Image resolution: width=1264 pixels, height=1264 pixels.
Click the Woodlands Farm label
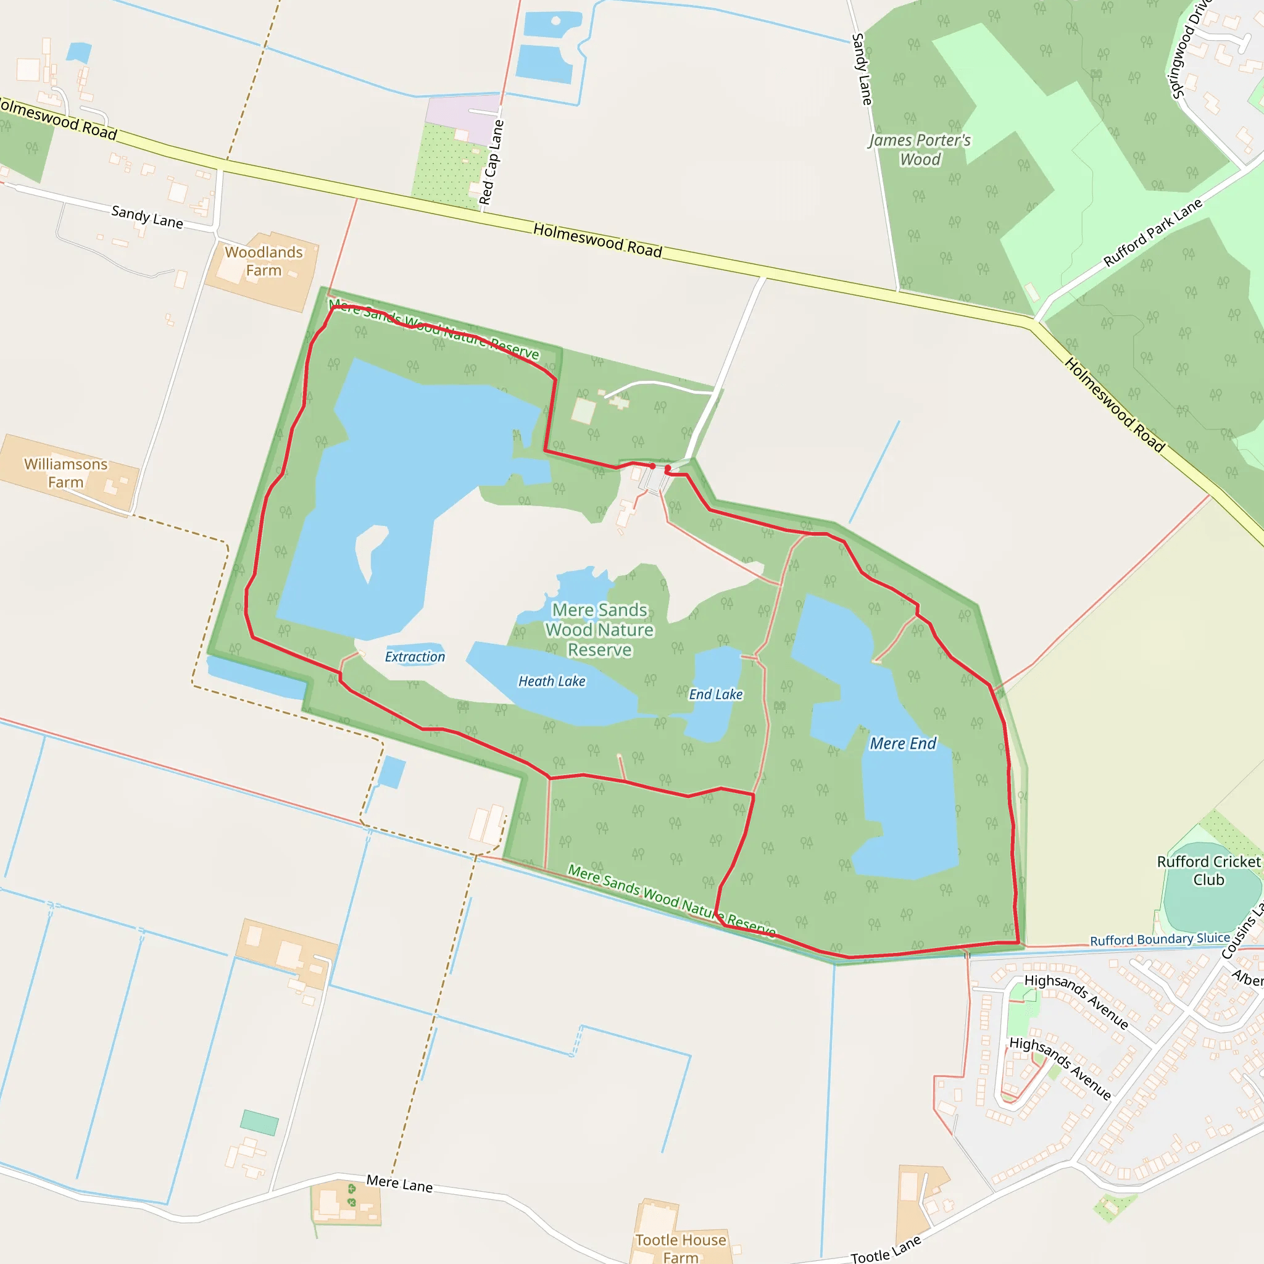[264, 261]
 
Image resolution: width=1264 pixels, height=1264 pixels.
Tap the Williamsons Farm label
[65, 473]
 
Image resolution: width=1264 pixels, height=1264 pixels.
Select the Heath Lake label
[552, 681]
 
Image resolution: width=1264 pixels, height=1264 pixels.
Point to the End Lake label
[715, 694]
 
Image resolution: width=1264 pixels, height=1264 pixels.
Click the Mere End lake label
[902, 743]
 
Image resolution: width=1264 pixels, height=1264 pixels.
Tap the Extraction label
[415, 656]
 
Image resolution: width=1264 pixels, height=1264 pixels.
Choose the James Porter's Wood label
[919, 150]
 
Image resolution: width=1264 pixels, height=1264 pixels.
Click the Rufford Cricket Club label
[1208, 870]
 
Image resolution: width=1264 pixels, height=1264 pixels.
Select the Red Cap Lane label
[491, 162]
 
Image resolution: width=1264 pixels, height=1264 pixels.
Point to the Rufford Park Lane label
[1152, 232]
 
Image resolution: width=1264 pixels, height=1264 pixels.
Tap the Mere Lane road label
[399, 1183]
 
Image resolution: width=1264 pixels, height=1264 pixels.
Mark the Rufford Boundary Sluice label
[1159, 939]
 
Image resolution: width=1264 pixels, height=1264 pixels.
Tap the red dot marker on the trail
[652, 466]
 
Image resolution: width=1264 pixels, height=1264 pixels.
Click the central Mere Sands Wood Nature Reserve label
[599, 630]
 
